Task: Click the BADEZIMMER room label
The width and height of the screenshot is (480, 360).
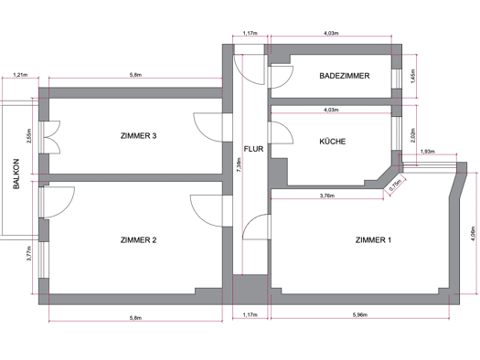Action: [x=345, y=76]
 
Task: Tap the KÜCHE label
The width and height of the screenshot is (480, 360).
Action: [x=333, y=142]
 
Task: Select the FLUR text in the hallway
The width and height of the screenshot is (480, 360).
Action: [x=253, y=149]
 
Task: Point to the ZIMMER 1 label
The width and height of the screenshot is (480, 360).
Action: [x=373, y=240]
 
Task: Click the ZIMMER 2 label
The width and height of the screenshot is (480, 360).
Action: [x=138, y=240]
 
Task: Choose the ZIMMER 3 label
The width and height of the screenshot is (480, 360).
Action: [x=138, y=135]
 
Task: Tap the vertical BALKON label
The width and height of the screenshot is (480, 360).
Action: [x=16, y=174]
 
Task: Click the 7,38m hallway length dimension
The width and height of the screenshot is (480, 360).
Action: [x=239, y=164]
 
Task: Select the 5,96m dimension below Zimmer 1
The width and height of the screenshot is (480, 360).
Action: [x=360, y=314]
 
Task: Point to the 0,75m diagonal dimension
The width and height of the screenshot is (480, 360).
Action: [x=395, y=185]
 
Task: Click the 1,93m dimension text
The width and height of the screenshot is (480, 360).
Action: [x=428, y=152]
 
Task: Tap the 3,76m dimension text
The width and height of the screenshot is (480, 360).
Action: [x=327, y=196]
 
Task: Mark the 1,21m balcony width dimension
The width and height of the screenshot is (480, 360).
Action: [x=20, y=75]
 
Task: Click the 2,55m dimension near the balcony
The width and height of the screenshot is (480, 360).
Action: [x=29, y=135]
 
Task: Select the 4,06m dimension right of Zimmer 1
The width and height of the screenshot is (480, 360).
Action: [x=474, y=233]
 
